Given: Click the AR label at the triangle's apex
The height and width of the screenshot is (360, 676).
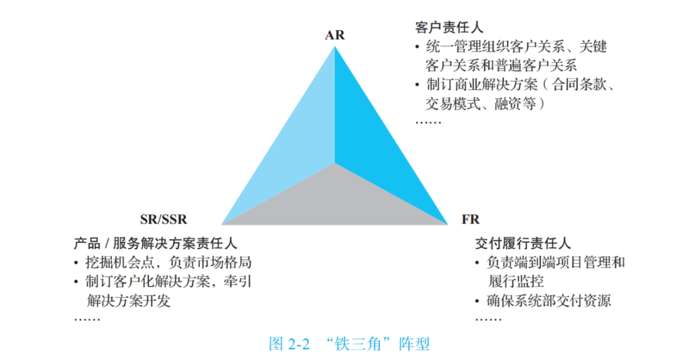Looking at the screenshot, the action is [x=335, y=35].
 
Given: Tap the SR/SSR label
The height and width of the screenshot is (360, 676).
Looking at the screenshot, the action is [x=163, y=220].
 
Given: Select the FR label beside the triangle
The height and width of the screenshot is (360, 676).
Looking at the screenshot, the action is [x=470, y=220].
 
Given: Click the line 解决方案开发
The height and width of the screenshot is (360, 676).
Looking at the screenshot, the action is [x=129, y=301].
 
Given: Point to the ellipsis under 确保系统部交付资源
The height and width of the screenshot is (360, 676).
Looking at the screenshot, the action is [x=488, y=319].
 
